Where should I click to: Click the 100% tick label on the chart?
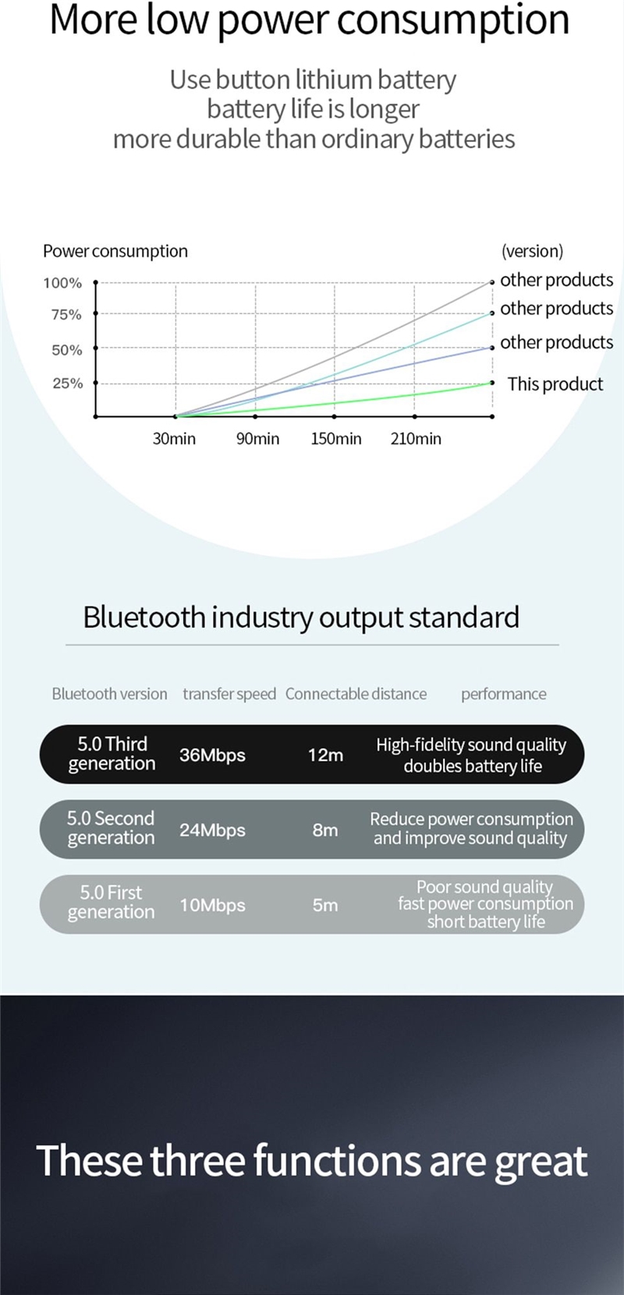[x=62, y=283]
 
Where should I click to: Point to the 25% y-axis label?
[x=68, y=384]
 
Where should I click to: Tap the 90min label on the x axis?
[x=257, y=439]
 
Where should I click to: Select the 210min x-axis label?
[x=416, y=439]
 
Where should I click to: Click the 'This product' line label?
[x=555, y=384]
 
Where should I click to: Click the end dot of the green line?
[x=492, y=383]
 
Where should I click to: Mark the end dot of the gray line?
[x=492, y=282]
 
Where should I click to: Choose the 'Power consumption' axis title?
[x=115, y=252]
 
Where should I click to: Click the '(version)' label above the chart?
[x=532, y=251]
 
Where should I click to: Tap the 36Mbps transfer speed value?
[x=212, y=755]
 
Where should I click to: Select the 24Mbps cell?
[x=212, y=830]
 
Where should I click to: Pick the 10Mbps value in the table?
[x=212, y=905]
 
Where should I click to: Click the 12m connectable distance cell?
[x=325, y=755]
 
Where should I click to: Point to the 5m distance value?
[x=325, y=905]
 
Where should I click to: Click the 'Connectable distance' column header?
[x=356, y=694]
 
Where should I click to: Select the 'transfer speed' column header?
[x=229, y=694]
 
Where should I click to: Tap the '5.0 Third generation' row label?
[x=112, y=754]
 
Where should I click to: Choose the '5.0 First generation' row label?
[x=111, y=903]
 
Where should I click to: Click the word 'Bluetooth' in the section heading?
[x=144, y=617]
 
